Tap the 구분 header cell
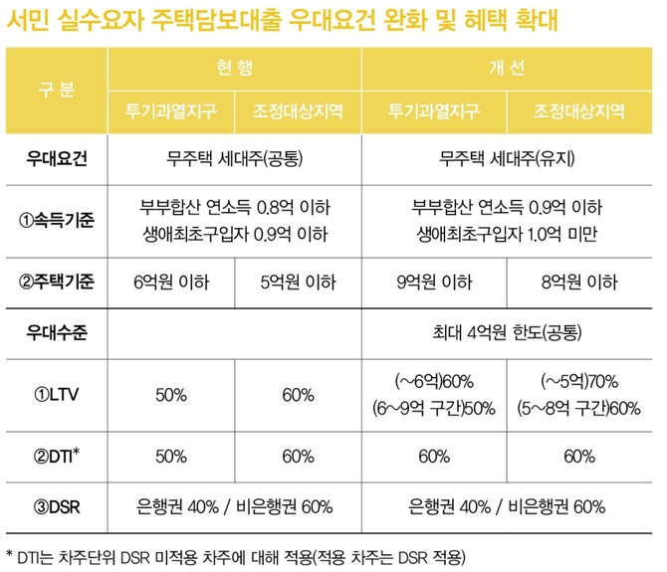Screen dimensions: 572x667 [56, 87]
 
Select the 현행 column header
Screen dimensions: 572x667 [235, 67]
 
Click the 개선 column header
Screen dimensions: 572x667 [507, 67]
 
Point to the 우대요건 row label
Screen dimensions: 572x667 [56, 157]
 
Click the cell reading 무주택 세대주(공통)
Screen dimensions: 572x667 [235, 157]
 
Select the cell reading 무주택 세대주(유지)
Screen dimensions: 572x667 [507, 157]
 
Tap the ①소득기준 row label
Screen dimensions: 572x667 [56, 220]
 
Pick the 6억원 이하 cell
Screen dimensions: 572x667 [171, 283]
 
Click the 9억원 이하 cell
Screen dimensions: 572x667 [435, 283]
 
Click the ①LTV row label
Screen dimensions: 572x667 [56, 394]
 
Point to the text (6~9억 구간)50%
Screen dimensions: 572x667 [435, 408]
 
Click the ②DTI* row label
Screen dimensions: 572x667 [56, 457]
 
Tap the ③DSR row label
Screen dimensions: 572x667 [56, 506]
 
